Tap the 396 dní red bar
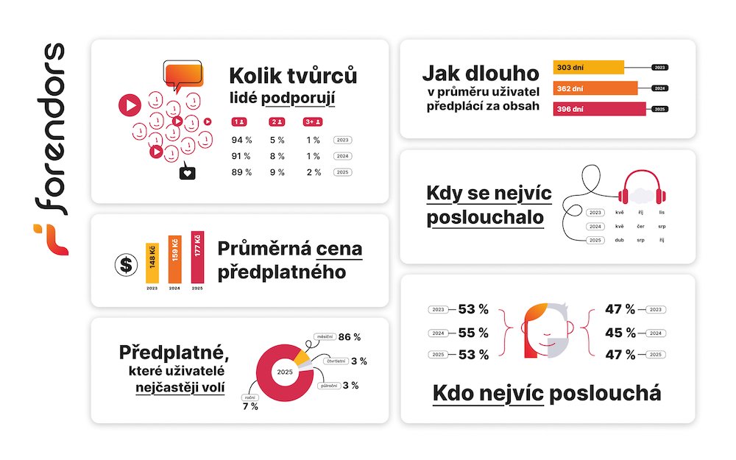tap(599, 109)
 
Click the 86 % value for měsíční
tap(349, 337)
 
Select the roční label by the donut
tap(249, 397)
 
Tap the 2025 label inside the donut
tap(285, 372)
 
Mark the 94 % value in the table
tap(241, 139)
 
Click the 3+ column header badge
tap(313, 121)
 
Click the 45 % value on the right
tap(620, 332)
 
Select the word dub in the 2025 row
tap(620, 240)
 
